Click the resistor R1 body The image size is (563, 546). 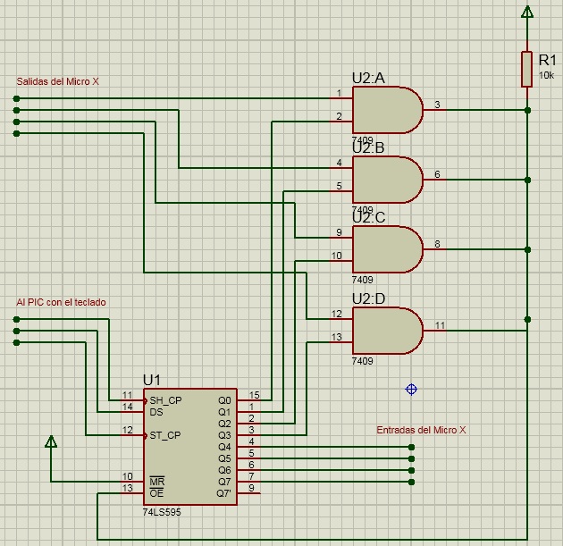526,69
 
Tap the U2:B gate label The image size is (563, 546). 368,148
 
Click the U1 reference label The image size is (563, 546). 152,380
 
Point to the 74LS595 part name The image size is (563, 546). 162,512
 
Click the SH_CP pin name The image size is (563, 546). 165,400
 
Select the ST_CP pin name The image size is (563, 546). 165,435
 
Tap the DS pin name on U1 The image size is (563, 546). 156,412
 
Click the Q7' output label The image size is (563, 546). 224,493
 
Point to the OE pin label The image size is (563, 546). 156,493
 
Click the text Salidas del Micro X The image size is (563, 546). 57,81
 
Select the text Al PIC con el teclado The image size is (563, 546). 61,302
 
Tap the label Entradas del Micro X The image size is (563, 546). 421,430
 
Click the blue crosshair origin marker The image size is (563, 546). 411,389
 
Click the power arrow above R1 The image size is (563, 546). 526,12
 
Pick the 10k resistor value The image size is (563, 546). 546,75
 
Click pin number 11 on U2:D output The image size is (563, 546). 441,325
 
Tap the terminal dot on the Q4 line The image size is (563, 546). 411,448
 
